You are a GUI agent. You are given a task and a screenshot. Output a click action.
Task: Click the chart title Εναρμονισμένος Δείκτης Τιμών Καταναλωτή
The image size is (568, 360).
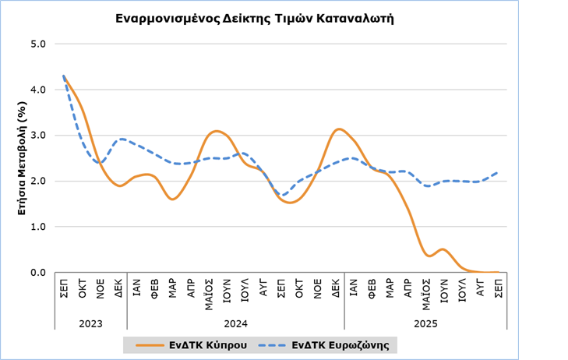(255, 17)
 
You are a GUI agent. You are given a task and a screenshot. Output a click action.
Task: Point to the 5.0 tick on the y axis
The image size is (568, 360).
(38, 44)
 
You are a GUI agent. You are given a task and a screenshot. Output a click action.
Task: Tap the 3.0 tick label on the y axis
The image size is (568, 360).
(38, 136)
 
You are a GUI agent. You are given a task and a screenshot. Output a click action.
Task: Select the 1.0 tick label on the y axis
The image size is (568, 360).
(38, 227)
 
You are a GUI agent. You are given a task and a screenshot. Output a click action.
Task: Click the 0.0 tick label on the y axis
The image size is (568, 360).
(38, 273)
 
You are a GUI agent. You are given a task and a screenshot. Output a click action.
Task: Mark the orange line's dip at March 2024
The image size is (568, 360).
(172, 199)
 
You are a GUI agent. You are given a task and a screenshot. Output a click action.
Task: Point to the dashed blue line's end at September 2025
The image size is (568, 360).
(498, 172)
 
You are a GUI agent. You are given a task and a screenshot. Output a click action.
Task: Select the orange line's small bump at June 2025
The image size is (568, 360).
(443, 249)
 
